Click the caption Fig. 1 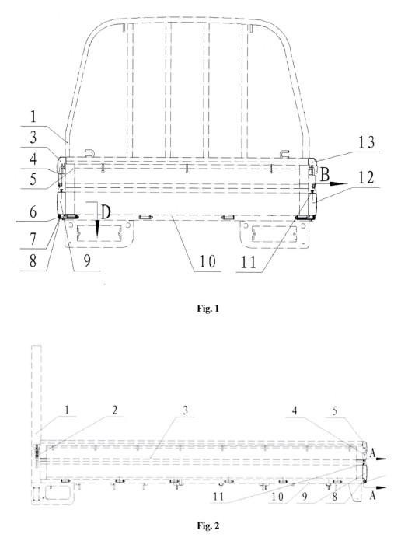pos(207,309)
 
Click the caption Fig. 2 pos(208,525)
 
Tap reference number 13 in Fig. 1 pos(366,142)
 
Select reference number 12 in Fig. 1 pos(366,178)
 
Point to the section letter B pos(325,175)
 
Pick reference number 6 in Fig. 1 pos(33,211)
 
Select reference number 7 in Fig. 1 pos(33,239)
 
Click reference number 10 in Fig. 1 pos(207,261)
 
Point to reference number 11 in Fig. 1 pos(249,263)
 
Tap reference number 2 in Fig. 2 pos(115,410)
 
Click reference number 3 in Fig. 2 pos(185,410)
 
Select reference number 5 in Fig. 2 pos(335,411)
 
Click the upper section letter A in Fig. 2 pos(372,454)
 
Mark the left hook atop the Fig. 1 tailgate pos(90,153)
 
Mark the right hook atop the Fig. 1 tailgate pos(285,153)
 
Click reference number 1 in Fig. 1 pos(33,117)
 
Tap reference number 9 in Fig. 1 pos(87,261)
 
